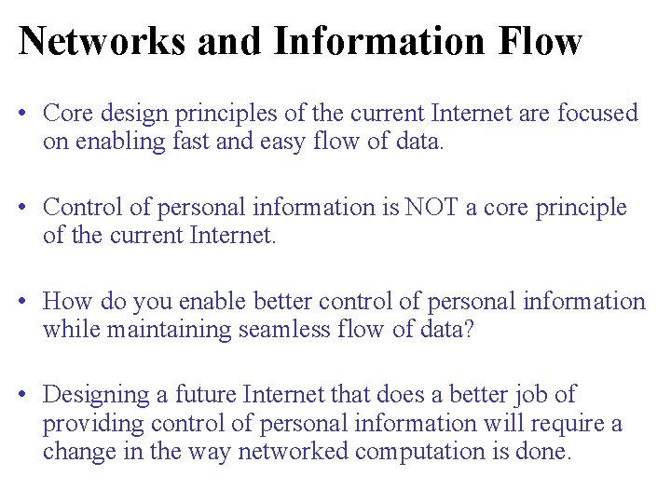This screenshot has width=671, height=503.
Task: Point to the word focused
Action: pos(596,114)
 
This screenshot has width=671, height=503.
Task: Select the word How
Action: pos(67,301)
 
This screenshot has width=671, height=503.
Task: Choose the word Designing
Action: pos(97,395)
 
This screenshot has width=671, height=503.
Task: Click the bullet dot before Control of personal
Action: pos(31,208)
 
